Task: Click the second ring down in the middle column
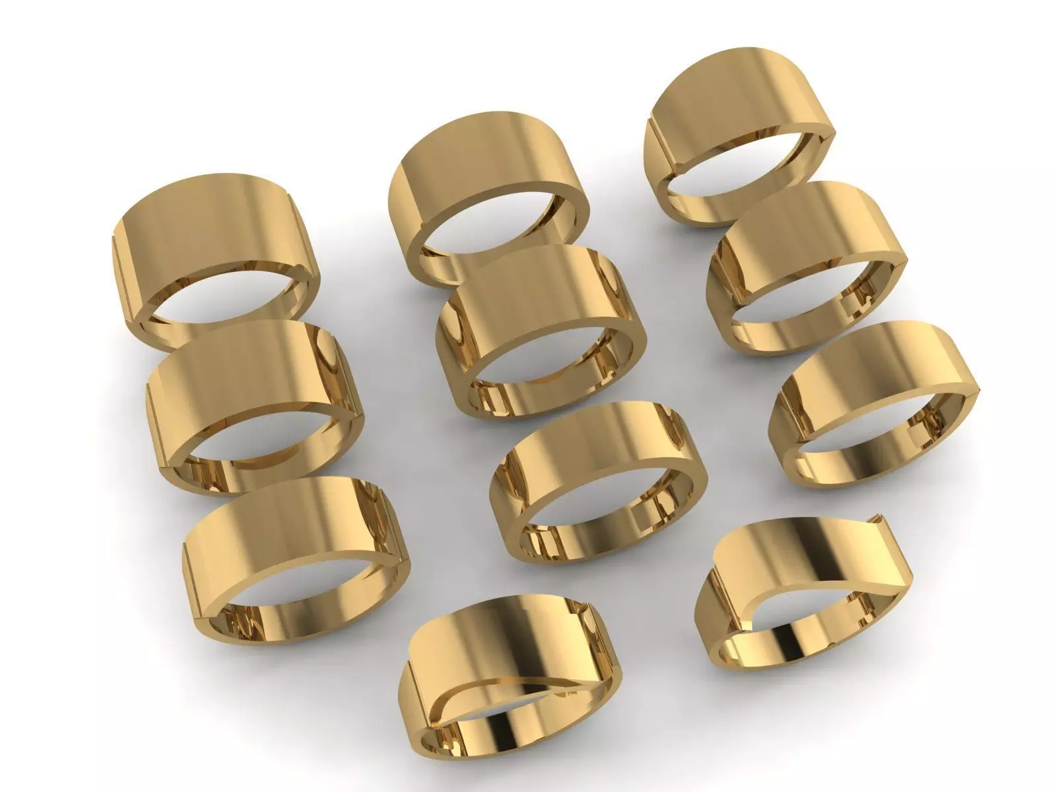(541, 297)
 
